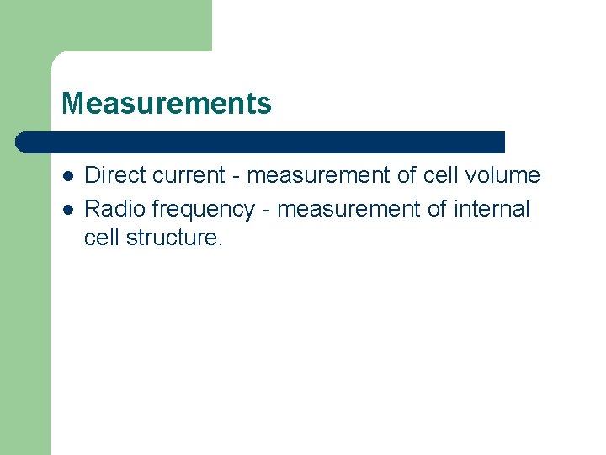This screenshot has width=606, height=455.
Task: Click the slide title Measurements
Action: (167, 104)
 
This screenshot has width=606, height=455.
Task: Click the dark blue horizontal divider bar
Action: (261, 142)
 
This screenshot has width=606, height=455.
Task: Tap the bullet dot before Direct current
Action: (66, 176)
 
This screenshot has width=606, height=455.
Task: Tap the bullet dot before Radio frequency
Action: (66, 209)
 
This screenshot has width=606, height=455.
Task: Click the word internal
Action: (493, 208)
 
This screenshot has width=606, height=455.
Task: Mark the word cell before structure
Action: (102, 238)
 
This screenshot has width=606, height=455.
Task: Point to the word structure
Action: (173, 238)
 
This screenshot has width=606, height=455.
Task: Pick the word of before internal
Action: (437, 208)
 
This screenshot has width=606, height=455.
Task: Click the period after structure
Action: (221, 244)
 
